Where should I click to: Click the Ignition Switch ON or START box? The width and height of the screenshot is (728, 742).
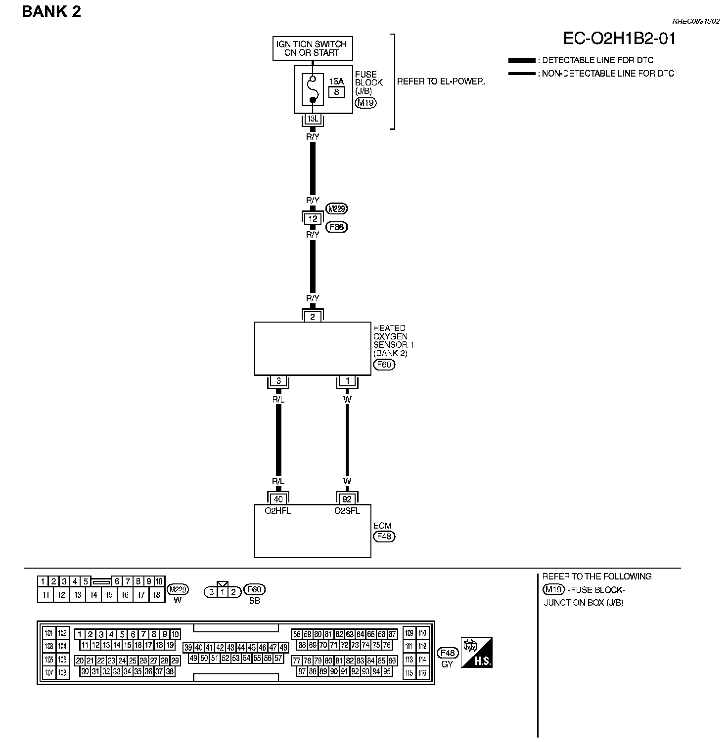(313, 48)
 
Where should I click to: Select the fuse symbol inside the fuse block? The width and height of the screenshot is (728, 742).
(313, 89)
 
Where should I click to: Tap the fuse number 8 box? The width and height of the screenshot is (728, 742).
(336, 91)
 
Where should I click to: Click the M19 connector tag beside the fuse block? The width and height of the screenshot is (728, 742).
(365, 103)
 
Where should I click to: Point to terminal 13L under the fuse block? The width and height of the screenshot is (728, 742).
(313, 119)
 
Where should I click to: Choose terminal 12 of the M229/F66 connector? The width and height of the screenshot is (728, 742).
(313, 218)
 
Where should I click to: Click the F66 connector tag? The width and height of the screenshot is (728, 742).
(337, 227)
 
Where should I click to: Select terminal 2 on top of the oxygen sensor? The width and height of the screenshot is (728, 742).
(313, 317)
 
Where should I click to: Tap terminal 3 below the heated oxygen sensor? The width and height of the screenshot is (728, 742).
(278, 381)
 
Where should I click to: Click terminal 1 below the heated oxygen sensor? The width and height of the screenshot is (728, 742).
(347, 381)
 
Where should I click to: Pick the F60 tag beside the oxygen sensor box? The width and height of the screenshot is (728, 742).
(384, 365)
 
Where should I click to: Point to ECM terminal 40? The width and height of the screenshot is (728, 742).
(278, 499)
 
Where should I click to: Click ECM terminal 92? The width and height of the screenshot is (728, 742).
(347, 499)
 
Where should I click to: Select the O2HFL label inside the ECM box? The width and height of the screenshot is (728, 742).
(278, 511)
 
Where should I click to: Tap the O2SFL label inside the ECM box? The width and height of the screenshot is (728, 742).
(347, 511)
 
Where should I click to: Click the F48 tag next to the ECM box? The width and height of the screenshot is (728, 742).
(384, 536)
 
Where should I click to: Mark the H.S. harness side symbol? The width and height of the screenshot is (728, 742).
(477, 653)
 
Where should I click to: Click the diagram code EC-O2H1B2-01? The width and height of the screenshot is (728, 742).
(619, 39)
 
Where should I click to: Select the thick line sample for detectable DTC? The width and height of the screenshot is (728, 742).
(522, 61)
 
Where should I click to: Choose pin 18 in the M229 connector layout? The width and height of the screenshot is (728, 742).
(157, 595)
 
